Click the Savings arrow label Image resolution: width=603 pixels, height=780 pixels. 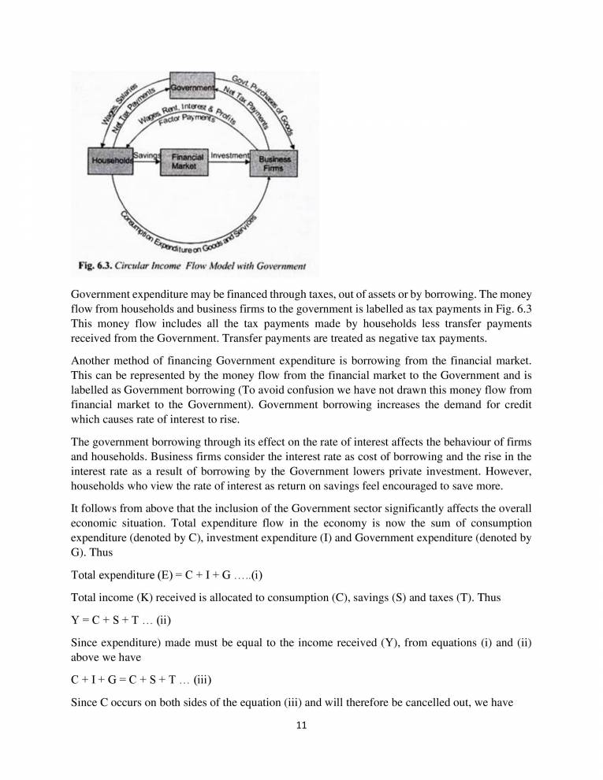(x=147, y=155)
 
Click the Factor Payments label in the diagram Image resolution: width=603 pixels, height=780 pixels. (x=186, y=119)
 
